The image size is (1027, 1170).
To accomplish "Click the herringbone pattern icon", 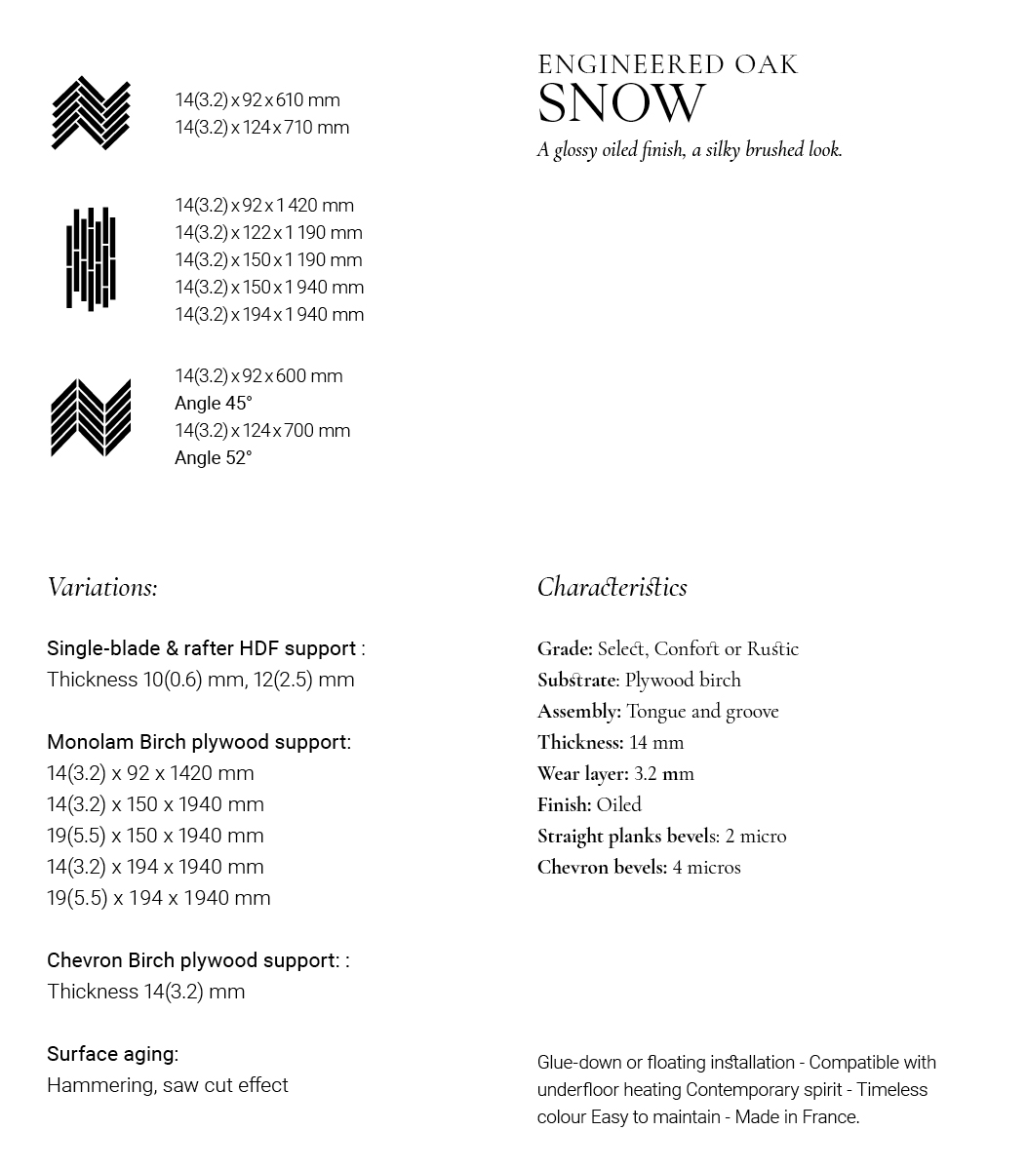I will tap(91, 113).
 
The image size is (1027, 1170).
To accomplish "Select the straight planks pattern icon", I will tap(91, 258).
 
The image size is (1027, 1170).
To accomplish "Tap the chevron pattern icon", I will tap(91, 418).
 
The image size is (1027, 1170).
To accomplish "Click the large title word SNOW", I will tap(621, 104).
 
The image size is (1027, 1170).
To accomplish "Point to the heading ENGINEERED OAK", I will tap(668, 65).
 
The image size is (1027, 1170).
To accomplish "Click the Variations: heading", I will tap(101, 587).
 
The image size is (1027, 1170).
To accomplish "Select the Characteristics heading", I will tap(612, 587).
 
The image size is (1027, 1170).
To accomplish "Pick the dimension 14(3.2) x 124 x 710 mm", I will tap(261, 128).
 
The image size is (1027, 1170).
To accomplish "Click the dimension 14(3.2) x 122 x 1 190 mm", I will tap(268, 233).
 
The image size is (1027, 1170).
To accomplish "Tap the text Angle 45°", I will tap(213, 404).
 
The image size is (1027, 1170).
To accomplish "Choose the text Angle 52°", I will tap(213, 458).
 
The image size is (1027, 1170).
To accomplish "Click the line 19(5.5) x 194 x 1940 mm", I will tap(158, 898).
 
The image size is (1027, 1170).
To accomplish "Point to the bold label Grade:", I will tap(565, 649).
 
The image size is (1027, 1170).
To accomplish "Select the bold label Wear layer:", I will tap(582, 774).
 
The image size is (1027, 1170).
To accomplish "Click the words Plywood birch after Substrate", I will tap(683, 681).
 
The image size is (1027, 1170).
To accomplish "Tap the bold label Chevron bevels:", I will tap(602, 868).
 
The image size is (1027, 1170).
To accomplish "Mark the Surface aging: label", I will tap(112, 1054).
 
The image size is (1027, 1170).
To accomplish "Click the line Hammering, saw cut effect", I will tap(167, 1085).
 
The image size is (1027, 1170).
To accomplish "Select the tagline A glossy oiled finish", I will tap(611, 150).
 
